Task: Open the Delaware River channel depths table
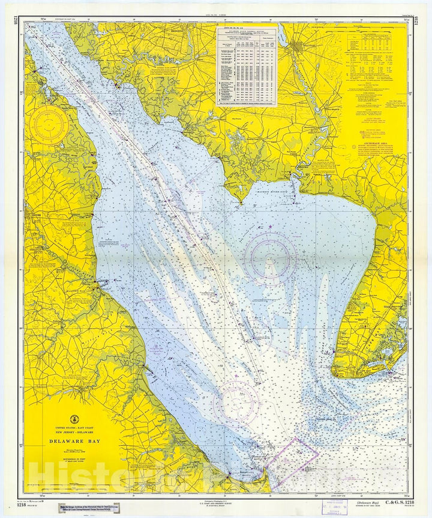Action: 247,66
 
